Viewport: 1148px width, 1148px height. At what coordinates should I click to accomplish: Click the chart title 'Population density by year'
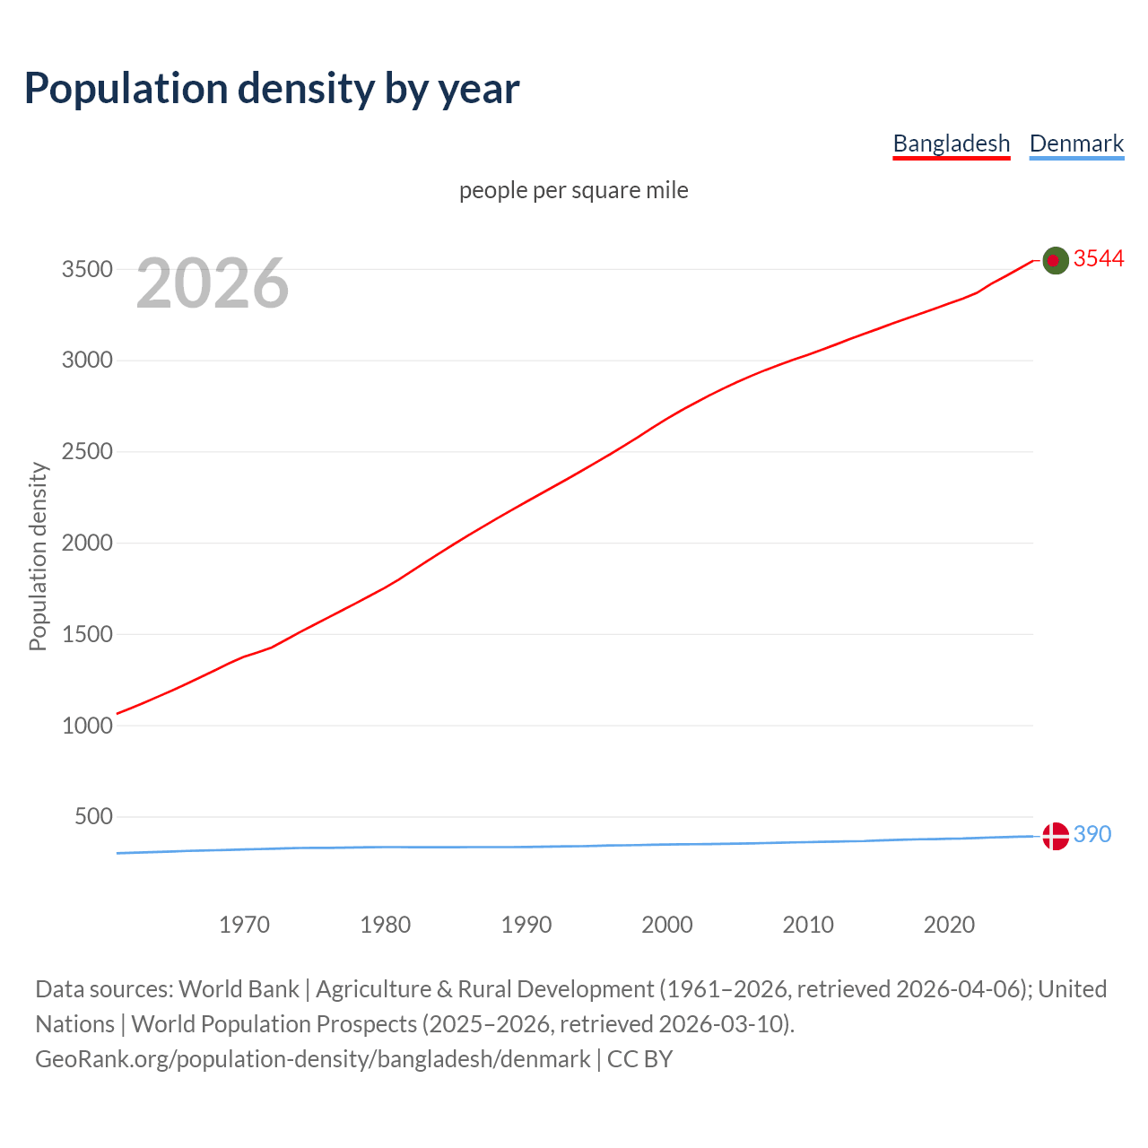click(272, 89)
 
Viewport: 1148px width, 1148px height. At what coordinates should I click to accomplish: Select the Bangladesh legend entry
click(951, 143)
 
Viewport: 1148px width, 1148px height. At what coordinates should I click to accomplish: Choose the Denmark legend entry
click(1076, 143)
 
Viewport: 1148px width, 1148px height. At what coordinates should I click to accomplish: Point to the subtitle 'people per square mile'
click(573, 190)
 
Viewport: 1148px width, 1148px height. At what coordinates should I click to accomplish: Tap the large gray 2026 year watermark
click(213, 283)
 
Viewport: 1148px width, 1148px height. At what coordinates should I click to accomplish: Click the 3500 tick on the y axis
click(87, 269)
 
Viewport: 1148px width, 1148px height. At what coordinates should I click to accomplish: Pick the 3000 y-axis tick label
click(87, 361)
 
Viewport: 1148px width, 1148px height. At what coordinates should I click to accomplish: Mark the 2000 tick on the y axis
click(87, 543)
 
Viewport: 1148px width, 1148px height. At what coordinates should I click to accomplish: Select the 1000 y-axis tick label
click(87, 726)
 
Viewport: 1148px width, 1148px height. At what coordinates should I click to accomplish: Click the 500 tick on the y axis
click(93, 816)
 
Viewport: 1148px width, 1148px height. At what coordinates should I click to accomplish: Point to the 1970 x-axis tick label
click(244, 925)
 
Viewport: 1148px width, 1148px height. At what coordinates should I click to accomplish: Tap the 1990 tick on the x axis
click(526, 925)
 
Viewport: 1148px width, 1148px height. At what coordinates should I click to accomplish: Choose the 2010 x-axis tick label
click(808, 925)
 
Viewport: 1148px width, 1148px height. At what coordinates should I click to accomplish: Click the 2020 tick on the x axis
click(949, 925)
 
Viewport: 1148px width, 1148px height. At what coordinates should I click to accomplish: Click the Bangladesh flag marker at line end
click(1056, 260)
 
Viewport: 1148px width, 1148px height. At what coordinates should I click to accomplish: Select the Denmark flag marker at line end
click(1056, 836)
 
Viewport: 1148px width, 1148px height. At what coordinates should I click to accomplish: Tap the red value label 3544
click(1099, 258)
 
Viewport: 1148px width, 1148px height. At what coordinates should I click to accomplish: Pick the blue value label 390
click(1092, 834)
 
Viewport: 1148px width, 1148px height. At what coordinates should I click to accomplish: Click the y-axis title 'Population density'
click(38, 556)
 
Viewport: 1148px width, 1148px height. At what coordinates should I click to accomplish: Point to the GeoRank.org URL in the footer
click(313, 1059)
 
